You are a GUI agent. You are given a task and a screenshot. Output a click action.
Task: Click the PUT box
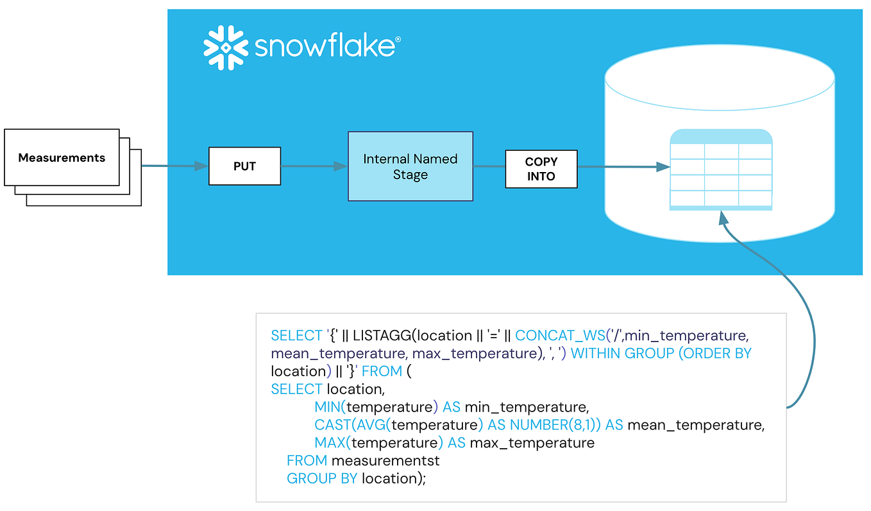[244, 166]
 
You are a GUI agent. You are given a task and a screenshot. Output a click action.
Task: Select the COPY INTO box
[541, 169]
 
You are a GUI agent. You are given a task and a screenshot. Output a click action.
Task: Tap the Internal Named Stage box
[410, 166]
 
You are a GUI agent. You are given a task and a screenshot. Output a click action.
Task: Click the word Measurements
[62, 158]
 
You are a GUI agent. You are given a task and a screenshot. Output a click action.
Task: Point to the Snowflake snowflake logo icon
[226, 48]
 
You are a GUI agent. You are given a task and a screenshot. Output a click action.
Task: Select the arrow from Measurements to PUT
[175, 166]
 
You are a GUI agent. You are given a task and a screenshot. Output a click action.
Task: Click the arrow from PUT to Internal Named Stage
[314, 166]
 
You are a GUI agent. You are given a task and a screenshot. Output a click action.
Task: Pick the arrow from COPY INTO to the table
[624, 167]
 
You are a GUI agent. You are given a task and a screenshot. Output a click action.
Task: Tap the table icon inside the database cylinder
[721, 169]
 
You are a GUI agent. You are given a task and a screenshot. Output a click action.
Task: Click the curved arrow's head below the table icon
[723, 218]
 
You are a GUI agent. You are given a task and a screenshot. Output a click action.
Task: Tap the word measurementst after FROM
[385, 461]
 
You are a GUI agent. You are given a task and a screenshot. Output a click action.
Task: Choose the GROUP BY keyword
[322, 479]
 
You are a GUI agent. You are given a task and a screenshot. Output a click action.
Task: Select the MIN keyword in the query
[327, 407]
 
